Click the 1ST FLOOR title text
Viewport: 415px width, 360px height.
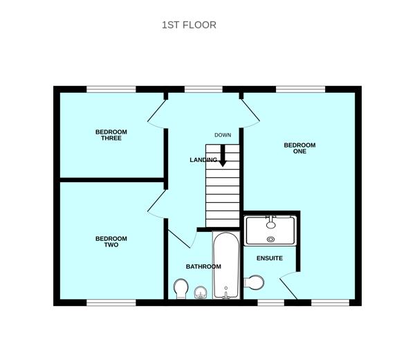[189, 25]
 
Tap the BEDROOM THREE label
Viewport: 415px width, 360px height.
[111, 135]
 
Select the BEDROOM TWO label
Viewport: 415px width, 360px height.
[111, 242]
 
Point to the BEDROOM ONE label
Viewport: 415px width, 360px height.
[299, 148]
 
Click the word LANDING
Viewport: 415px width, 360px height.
[203, 161]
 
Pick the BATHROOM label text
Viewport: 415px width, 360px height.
[203, 267]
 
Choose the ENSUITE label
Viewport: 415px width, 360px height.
[270, 258]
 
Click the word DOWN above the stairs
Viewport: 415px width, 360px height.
[223, 135]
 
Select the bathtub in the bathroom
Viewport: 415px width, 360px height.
[225, 267]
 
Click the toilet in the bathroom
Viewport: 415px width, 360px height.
[181, 289]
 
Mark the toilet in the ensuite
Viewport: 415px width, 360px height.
[255, 282]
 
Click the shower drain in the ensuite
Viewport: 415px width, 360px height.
[270, 240]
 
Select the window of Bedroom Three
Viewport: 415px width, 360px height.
[111, 89]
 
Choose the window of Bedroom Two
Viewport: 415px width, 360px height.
[111, 303]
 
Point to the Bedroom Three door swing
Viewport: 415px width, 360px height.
[158, 114]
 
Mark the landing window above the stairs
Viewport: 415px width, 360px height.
[204, 89]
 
